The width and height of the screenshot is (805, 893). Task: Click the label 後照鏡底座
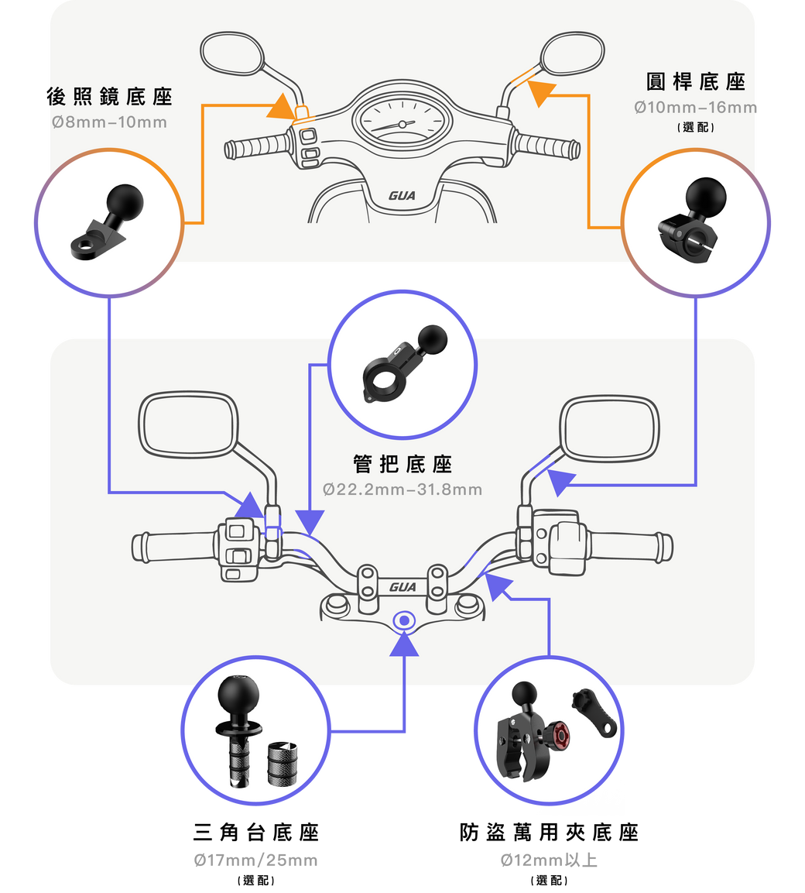(x=109, y=97)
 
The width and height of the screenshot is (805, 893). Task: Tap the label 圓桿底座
(x=695, y=81)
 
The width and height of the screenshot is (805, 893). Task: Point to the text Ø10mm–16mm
(x=695, y=108)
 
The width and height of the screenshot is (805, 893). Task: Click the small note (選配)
(x=695, y=126)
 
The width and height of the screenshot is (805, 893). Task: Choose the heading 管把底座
(x=402, y=464)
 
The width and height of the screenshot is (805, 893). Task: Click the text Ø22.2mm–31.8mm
(x=402, y=489)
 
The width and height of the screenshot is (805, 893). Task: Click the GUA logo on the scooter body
(x=402, y=196)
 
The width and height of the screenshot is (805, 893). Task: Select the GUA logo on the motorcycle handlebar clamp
(x=402, y=586)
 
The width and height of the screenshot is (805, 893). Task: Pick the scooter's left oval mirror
(x=231, y=55)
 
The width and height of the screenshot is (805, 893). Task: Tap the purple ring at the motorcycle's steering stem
(x=403, y=620)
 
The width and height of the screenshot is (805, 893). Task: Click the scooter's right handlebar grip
(x=546, y=144)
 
